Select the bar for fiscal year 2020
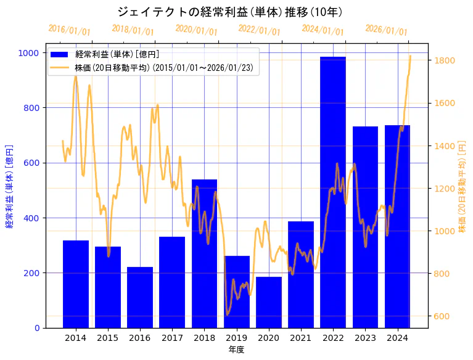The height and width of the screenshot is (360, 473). pyautogui.click(x=268, y=302)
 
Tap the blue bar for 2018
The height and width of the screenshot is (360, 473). pyautogui.click(x=204, y=253)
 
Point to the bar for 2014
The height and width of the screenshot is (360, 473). pyautogui.click(x=76, y=284)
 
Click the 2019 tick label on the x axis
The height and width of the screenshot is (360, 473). pyautogui.click(x=236, y=338)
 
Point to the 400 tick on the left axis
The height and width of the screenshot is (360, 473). pyautogui.click(x=31, y=218)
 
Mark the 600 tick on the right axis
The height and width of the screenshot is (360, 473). pyautogui.click(x=442, y=316)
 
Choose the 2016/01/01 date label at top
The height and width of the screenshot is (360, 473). pyautogui.click(x=69, y=30)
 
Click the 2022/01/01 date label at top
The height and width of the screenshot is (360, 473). pyautogui.click(x=259, y=30)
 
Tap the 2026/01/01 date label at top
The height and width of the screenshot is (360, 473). pyautogui.click(x=386, y=30)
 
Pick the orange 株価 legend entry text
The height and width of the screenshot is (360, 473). pyautogui.click(x=163, y=68)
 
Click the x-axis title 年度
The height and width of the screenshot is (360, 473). pyautogui.click(x=236, y=350)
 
